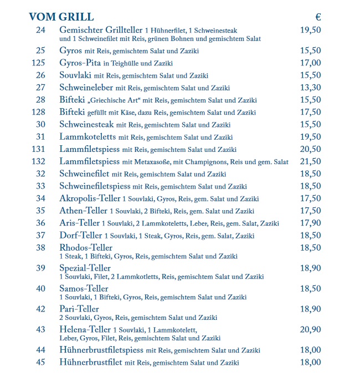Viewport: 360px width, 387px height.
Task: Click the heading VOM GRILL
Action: [x=61, y=17]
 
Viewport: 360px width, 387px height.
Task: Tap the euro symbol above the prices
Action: [x=318, y=17]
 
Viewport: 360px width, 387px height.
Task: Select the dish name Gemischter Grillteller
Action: [x=101, y=29]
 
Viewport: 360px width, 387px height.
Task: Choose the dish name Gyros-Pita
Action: [x=80, y=63]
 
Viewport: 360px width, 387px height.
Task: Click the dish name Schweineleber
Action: [x=86, y=87]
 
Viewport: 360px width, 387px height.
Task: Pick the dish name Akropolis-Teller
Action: [x=90, y=198]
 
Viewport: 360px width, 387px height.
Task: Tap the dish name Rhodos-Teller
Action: [x=86, y=247]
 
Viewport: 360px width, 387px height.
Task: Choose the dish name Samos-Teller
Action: [x=84, y=288]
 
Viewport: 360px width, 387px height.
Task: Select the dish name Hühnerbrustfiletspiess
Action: [x=101, y=350]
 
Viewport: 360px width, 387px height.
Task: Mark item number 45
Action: [x=40, y=362]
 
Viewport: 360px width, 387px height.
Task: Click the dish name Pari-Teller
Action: [x=79, y=309]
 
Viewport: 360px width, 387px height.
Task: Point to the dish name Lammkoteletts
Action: [x=87, y=136]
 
